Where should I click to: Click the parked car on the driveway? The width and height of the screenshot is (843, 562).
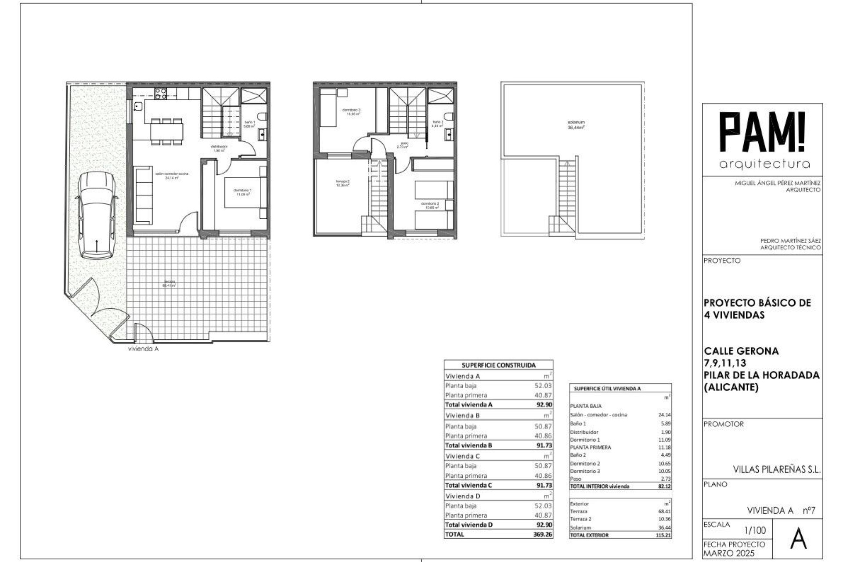(x=96, y=215)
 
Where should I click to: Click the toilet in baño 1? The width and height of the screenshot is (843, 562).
(x=263, y=117)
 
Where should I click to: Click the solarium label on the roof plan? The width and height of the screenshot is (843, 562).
(x=576, y=125)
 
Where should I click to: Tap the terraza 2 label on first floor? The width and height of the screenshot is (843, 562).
(x=342, y=183)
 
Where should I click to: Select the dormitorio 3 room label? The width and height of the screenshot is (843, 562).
(x=353, y=112)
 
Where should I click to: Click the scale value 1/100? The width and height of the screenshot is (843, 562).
(x=755, y=530)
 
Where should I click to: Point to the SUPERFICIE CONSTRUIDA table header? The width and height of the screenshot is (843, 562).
(x=498, y=365)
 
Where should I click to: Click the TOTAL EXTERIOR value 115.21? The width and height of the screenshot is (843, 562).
(x=663, y=535)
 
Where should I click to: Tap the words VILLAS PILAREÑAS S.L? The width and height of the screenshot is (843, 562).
(x=777, y=469)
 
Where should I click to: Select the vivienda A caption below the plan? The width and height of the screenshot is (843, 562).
(x=143, y=349)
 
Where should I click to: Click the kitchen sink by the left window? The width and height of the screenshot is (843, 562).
(x=138, y=106)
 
